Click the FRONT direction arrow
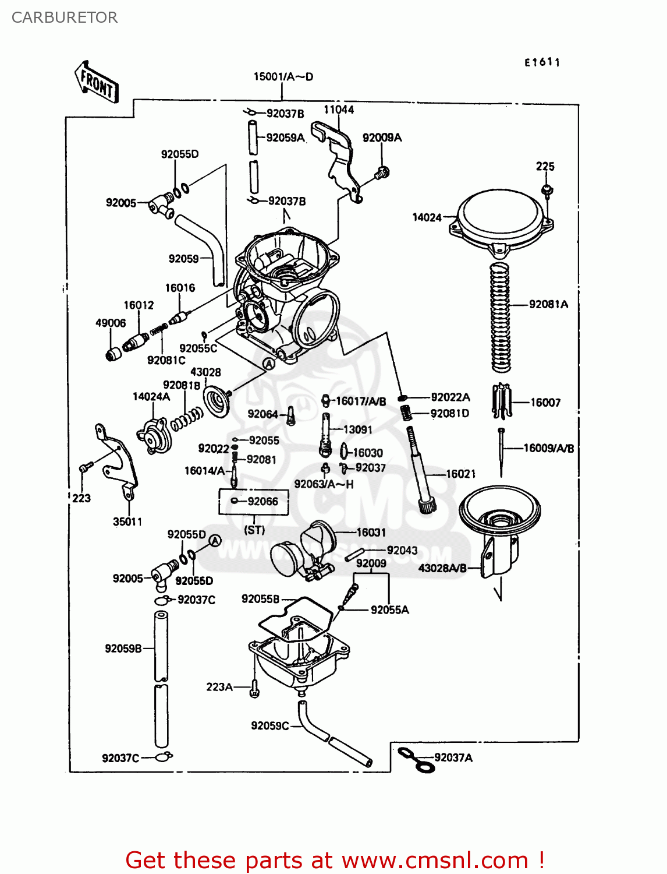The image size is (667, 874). click(x=97, y=83)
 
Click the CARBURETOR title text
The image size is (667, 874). click(x=65, y=17)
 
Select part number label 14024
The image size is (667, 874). click(x=427, y=217)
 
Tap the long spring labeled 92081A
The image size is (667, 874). click(x=501, y=318)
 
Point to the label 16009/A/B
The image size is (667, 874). click(x=548, y=448)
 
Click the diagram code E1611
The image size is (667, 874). click(x=542, y=62)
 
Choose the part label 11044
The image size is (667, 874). click(x=339, y=110)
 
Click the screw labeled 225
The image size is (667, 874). click(x=547, y=190)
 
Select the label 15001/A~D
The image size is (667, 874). click(x=283, y=77)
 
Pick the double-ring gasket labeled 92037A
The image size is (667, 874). click(x=416, y=759)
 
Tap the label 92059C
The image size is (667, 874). click(x=269, y=725)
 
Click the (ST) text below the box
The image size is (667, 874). click(x=254, y=530)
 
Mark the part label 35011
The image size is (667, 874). click(x=127, y=521)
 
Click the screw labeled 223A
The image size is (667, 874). click(x=254, y=689)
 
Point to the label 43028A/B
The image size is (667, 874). click(x=442, y=568)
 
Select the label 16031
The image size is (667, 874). click(x=371, y=532)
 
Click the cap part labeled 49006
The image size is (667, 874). click(x=114, y=354)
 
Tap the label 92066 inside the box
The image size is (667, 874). click(x=262, y=501)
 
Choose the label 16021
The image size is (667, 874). click(x=460, y=474)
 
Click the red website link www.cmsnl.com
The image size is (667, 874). click(x=434, y=860)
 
